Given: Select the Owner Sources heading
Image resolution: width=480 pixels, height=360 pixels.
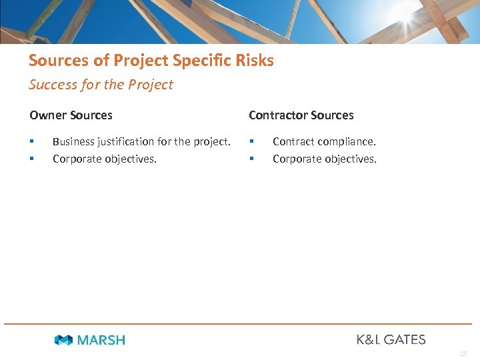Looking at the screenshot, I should (x=71, y=115).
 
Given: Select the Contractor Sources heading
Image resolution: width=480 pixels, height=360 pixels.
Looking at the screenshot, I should (x=301, y=115).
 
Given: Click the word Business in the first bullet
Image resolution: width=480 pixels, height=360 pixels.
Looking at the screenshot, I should (x=73, y=141).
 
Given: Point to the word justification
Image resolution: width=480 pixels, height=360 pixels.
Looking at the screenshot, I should (x=127, y=141).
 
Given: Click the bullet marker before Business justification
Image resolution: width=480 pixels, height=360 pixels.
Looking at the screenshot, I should (x=31, y=141).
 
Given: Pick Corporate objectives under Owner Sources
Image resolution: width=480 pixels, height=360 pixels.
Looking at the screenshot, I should (x=105, y=159).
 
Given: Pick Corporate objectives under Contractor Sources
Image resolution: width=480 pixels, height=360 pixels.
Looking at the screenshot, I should (x=325, y=159).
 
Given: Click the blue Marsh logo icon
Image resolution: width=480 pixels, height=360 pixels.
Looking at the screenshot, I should (x=63, y=340).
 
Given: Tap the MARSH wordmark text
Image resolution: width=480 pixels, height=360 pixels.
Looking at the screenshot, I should (x=101, y=340).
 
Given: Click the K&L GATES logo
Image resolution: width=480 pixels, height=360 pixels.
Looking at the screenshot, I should (x=391, y=339).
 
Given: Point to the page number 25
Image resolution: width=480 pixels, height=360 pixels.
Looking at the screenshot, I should (x=463, y=354).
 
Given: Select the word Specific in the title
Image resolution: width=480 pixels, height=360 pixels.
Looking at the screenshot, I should (x=199, y=61).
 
